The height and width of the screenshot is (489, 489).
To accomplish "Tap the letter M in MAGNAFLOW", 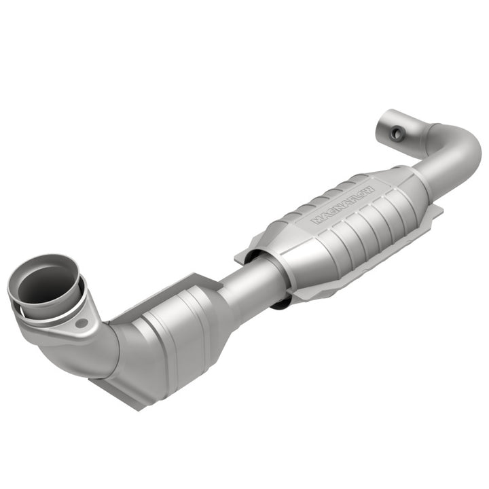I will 316,220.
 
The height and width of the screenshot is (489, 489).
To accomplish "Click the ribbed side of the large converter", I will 360,231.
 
